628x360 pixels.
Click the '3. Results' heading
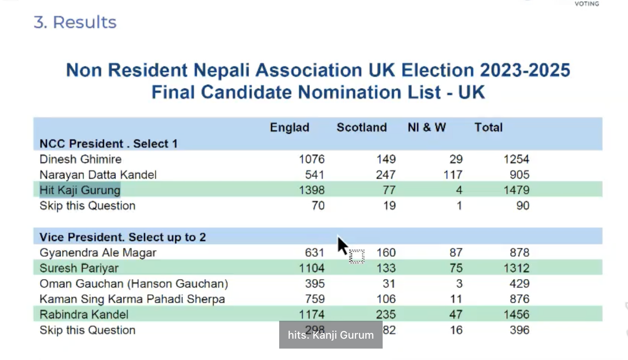75,22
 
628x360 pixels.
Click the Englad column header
289,127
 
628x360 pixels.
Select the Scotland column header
361,127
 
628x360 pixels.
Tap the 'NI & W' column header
426,127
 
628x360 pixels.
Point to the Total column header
488,127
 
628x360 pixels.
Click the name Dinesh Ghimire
81,159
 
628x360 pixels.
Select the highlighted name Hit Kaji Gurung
80,190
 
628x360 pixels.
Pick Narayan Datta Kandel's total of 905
519,175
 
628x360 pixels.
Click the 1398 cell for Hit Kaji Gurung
312,190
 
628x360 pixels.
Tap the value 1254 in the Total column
516,159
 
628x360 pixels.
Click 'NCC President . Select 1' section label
108,144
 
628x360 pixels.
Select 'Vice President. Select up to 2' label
122,237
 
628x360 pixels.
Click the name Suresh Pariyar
79,268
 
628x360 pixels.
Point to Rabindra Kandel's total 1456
516,314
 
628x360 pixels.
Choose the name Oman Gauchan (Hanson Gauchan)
134,284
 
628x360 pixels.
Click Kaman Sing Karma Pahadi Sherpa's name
132,299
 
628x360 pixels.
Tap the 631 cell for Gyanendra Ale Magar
315,252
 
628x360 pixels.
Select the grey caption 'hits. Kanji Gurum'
331,335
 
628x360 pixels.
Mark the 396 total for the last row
519,330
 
